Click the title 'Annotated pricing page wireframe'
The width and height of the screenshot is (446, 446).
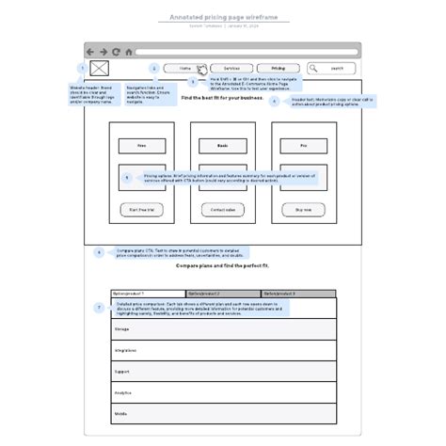point(223,17)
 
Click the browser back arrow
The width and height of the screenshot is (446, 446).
point(90,52)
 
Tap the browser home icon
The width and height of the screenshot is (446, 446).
point(126,52)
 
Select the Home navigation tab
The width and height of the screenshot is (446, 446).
point(185,69)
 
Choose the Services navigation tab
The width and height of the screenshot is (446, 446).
point(231,69)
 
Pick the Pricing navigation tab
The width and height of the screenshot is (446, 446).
point(278,69)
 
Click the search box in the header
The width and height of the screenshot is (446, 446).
point(333,69)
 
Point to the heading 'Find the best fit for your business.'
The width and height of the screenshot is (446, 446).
point(223,98)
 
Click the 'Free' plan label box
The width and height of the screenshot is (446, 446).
point(142,146)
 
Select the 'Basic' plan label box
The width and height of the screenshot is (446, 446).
point(223,146)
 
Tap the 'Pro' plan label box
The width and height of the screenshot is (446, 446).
point(303,146)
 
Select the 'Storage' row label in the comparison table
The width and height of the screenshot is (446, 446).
point(122,328)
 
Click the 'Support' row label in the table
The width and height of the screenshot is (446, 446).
point(122,372)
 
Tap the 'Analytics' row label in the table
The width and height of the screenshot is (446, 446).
point(123,393)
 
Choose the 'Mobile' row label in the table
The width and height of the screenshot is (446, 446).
point(121,414)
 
